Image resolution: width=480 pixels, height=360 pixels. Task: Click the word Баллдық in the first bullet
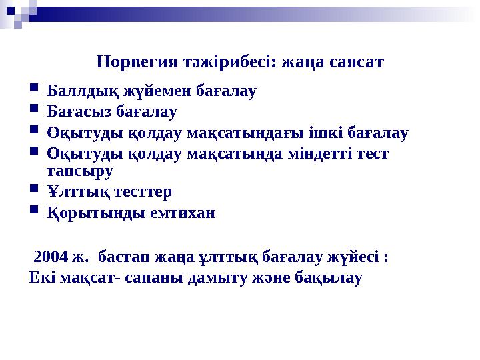[x=78, y=90]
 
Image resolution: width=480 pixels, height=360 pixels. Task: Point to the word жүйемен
[x=143, y=90]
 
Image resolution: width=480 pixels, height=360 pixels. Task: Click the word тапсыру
[x=81, y=170]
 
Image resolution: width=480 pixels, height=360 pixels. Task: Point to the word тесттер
[x=139, y=192]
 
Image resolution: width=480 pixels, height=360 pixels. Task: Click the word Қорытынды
[x=87, y=213]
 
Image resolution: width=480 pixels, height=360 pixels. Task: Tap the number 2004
[x=50, y=256]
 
